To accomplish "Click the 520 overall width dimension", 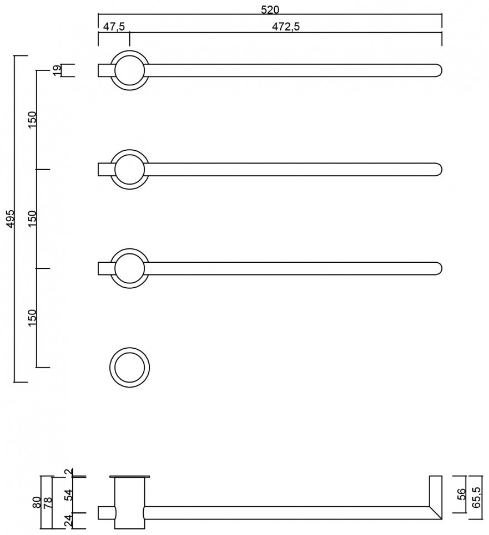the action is (270, 9).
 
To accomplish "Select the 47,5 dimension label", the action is (114, 26).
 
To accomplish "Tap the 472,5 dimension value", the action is (286, 26).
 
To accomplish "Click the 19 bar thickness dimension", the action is (57, 70).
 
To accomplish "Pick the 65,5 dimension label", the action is (477, 497).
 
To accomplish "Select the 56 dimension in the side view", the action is (461, 494).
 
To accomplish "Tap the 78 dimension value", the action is (48, 502).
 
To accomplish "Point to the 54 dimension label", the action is (69, 495).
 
